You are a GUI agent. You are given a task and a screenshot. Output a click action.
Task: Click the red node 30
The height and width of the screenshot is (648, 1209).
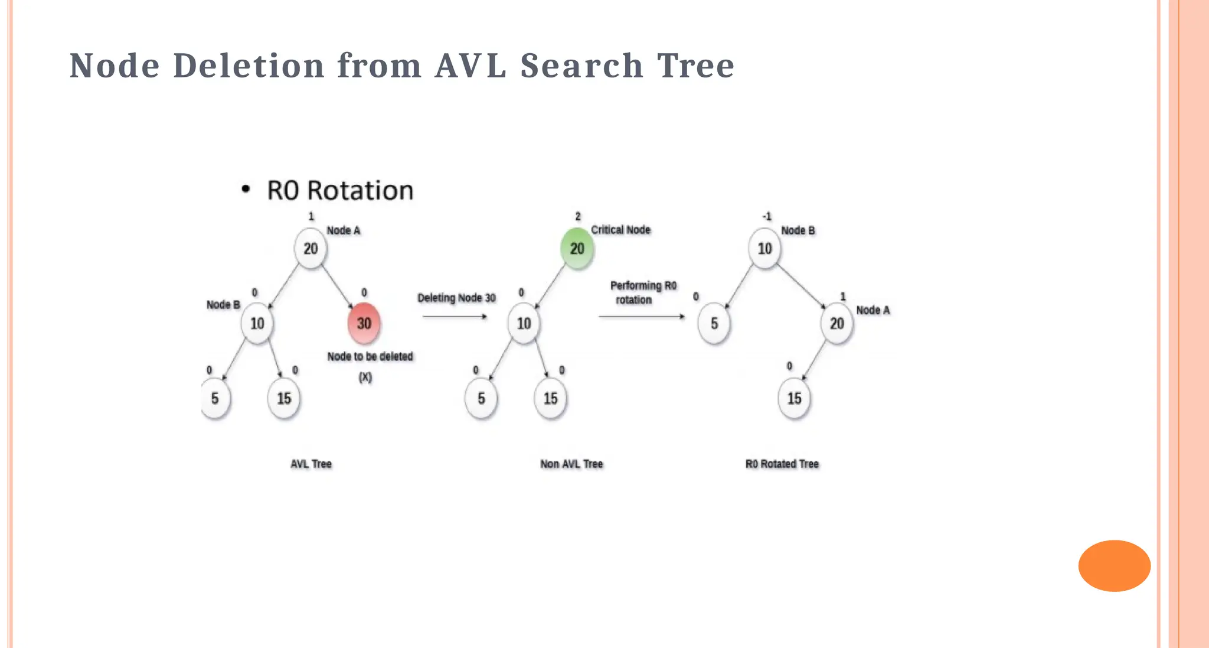364,323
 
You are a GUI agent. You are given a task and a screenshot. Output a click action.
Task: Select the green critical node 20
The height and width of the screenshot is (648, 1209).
577,249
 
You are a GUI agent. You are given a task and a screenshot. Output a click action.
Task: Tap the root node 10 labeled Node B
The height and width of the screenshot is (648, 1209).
764,249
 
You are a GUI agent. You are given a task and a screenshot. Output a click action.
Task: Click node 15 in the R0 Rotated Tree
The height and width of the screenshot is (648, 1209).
794,399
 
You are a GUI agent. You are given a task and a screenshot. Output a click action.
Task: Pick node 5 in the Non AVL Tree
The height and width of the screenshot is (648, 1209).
481,399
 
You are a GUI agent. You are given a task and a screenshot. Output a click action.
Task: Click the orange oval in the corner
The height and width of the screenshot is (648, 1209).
1114,565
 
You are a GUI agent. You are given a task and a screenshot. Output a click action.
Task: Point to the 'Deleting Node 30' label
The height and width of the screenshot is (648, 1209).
456,298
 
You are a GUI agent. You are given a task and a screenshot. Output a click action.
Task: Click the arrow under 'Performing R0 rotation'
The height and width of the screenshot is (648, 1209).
642,317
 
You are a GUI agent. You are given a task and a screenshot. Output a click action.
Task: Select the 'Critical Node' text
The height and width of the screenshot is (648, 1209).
620,230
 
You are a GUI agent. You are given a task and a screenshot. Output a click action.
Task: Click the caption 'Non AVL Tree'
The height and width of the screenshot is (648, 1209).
571,464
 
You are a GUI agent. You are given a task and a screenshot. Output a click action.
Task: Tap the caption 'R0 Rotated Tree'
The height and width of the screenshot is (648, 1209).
782,464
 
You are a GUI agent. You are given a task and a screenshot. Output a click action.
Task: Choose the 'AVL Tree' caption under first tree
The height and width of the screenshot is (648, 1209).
311,464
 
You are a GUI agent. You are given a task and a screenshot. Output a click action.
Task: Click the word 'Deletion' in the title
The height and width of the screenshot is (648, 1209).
249,65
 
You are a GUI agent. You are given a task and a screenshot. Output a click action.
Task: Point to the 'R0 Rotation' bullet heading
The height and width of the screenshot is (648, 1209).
340,190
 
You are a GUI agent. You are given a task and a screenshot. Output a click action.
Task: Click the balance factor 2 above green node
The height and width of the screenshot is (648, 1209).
578,217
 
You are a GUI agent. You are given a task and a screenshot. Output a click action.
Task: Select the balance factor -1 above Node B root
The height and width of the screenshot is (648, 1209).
766,217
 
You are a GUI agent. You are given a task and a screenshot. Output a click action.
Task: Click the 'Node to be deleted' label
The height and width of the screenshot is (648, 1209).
370,357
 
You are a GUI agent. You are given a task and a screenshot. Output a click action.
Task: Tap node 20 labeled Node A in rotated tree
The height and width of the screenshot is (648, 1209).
837,323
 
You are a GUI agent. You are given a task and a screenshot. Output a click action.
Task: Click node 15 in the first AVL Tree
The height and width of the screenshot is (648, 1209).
284,399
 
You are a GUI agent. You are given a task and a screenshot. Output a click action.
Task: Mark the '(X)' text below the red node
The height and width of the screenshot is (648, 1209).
365,377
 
